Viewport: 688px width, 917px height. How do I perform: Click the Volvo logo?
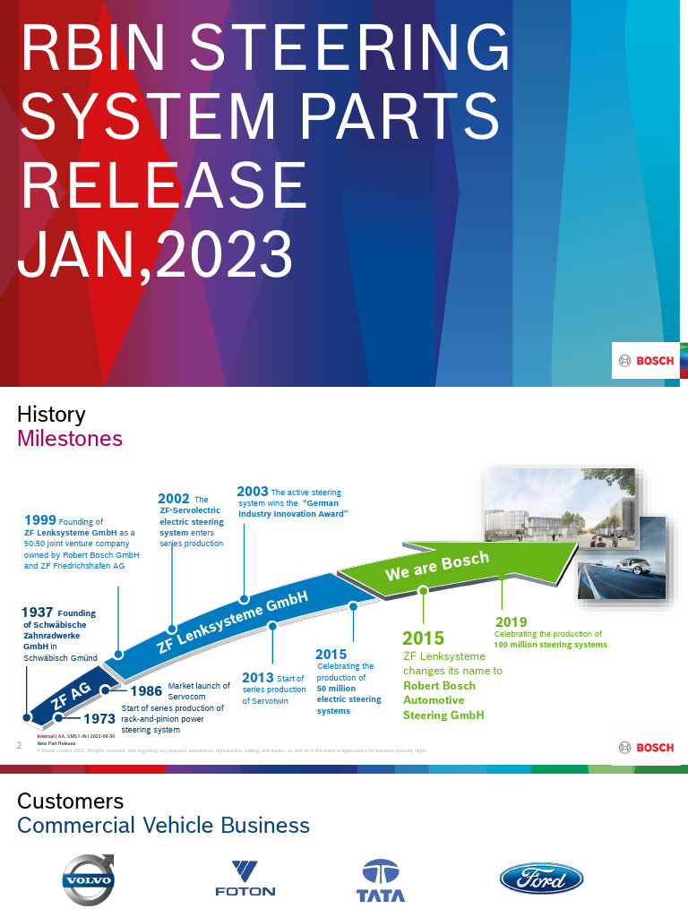point(88,878)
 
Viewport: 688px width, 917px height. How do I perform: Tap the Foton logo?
point(245,878)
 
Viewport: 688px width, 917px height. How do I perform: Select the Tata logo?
point(381,880)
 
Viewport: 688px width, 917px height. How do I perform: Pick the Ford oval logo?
point(541,879)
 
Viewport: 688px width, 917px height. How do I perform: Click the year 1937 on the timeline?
point(37,613)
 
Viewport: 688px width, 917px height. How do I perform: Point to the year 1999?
point(40,520)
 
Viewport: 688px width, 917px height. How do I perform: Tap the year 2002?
point(173,499)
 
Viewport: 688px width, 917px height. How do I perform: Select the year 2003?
point(252,492)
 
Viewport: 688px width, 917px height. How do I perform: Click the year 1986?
point(146,690)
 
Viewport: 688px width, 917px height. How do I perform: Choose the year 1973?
point(99,718)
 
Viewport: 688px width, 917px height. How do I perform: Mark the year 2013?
point(258,678)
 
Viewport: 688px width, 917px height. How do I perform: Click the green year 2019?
point(511,621)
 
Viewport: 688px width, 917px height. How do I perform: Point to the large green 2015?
point(423,638)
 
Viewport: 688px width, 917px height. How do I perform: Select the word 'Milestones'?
point(70,439)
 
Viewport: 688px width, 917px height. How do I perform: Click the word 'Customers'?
point(70,801)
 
